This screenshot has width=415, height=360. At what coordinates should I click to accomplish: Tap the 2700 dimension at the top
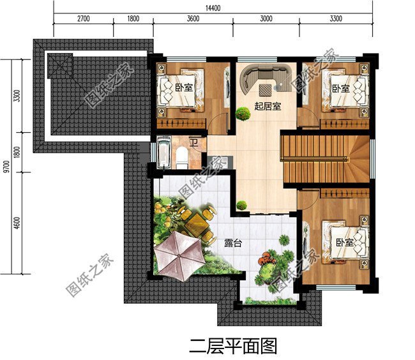(x=83, y=19)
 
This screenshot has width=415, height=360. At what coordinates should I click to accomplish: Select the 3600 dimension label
(x=193, y=19)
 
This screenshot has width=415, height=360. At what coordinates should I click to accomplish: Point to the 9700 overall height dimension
(x=5, y=167)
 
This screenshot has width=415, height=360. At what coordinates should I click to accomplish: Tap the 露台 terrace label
(x=233, y=243)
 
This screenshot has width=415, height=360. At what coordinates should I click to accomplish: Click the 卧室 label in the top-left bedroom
(x=185, y=87)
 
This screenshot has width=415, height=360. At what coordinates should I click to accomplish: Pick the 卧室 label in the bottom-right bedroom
(x=345, y=243)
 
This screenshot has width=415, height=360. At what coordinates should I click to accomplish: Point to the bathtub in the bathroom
(x=162, y=154)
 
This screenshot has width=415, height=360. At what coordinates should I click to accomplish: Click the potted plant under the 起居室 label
(x=243, y=114)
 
